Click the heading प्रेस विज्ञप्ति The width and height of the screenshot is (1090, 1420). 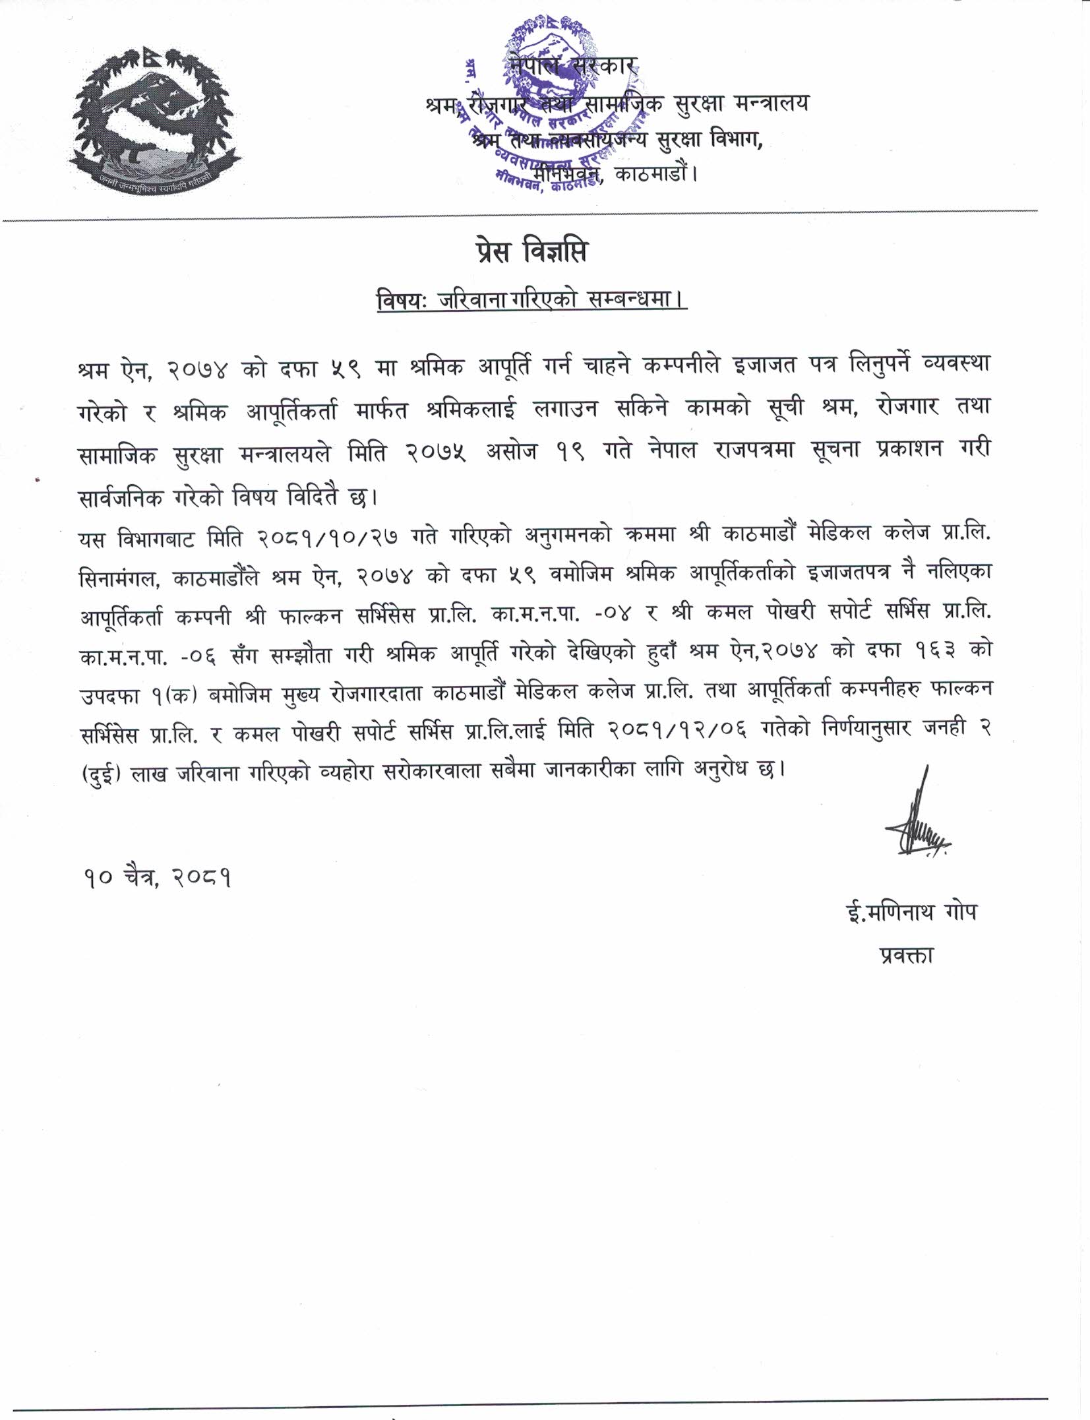click(x=530, y=252)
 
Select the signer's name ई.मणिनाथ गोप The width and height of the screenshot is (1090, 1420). click(x=911, y=913)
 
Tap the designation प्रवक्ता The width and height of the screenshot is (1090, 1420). click(x=907, y=956)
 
